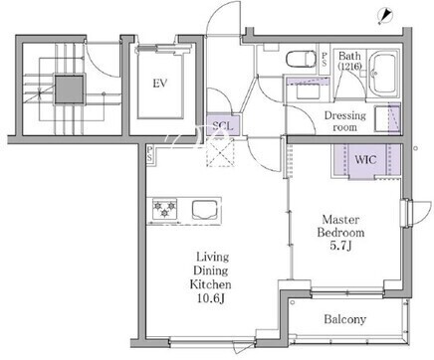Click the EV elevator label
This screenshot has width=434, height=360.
point(160,84)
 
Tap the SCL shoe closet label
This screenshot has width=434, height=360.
point(223,126)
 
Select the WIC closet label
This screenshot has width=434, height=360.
point(365,160)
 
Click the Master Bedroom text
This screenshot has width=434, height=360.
point(340,226)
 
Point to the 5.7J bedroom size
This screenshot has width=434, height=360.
point(340,246)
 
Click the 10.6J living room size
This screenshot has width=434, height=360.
point(211,298)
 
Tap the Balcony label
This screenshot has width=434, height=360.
point(345,319)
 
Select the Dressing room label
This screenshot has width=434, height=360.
point(345,121)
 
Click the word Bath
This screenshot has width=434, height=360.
point(349,56)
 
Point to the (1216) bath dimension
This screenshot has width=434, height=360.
point(349,66)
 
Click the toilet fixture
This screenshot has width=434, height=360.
point(301,59)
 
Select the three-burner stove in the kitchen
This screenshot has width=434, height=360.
point(164,209)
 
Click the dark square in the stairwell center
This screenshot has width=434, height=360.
point(69,90)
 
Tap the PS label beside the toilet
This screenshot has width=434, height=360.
point(325,59)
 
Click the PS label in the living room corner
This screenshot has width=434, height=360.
point(149,154)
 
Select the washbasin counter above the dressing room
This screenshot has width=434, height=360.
point(308,89)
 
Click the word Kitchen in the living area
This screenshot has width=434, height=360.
point(211,284)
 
